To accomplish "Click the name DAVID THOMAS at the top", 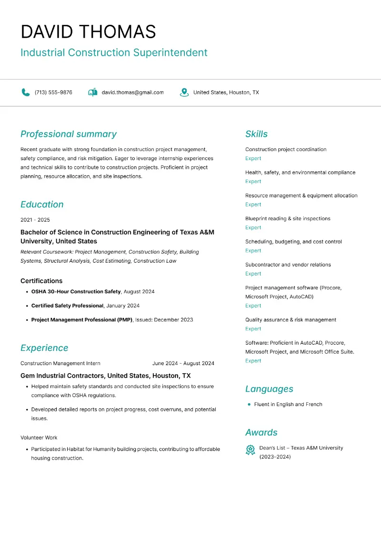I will coord(88,31).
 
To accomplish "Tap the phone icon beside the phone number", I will coord(26,92).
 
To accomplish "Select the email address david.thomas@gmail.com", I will coord(132,92).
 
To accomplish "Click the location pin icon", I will coord(184,92).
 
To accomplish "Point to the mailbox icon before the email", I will coord(93,92).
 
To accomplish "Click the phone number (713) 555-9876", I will coord(53,92).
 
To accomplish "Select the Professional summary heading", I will coord(68,134).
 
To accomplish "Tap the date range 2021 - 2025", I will coord(35,220).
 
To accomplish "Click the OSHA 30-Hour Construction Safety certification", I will coord(76,291).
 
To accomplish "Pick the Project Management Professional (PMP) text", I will coord(82,320).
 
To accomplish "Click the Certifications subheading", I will coord(41,281).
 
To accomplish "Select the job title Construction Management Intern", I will coord(60,363).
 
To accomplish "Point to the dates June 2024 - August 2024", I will coord(183,363).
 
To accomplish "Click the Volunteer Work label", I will coord(39,437).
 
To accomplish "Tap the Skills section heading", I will coord(256,134).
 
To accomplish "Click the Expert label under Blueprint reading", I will coord(253,227).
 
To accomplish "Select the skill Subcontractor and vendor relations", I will coord(288,264).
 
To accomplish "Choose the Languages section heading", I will coord(269,389).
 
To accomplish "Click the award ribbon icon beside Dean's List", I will coord(250,450).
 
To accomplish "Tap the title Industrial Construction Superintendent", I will coord(114,52).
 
